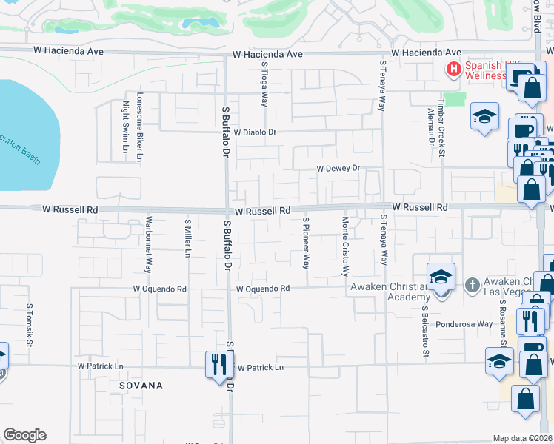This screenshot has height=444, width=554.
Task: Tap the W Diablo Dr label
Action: pos(255,132)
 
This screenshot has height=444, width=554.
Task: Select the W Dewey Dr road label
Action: pos(338,169)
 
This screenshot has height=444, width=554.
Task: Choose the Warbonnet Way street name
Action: pos(149,245)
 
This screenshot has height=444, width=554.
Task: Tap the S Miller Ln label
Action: pos(188,238)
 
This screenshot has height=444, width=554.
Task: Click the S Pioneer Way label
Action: pos(306,243)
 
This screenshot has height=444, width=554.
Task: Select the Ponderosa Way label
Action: pos(464,324)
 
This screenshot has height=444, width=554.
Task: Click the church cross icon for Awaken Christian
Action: pos(472,285)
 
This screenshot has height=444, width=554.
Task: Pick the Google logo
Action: pos(24,435)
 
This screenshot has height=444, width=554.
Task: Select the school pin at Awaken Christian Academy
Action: pos(441,278)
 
